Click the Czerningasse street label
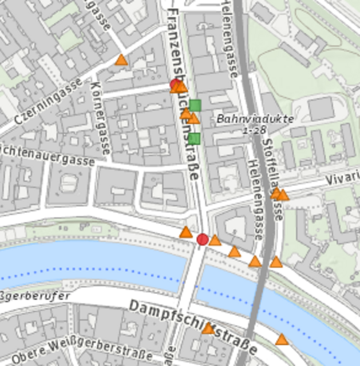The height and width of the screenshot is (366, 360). [48, 103]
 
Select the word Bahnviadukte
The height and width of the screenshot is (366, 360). [255, 119]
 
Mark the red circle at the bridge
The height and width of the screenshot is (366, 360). [202, 239]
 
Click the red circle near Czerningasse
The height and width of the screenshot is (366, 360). [175, 85]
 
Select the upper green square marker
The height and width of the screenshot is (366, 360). [195, 105]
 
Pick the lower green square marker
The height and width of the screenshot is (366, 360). [195, 138]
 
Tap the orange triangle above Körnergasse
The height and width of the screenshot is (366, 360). [121, 60]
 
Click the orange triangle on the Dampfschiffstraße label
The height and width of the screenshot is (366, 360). [208, 329]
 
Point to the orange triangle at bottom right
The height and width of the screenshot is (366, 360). [282, 340]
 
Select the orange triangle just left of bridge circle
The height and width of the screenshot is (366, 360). [185, 232]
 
